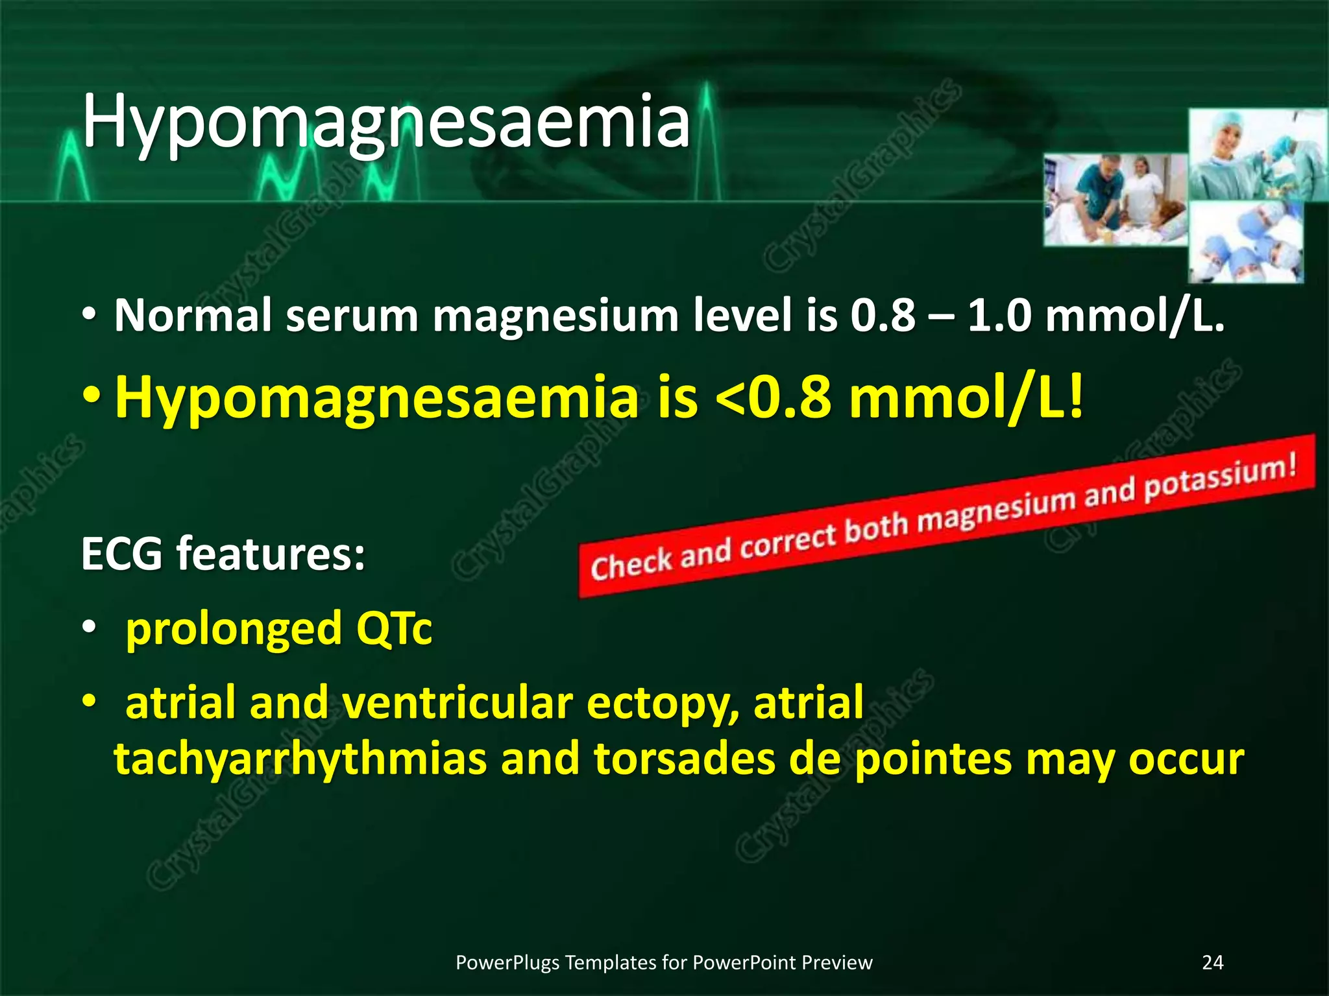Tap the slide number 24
click(1212, 962)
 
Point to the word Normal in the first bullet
click(193, 316)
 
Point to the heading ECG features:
click(223, 554)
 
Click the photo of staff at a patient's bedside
click(1115, 200)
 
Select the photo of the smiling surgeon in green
click(1256, 154)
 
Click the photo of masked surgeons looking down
click(1246, 241)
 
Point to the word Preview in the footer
click(836, 963)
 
